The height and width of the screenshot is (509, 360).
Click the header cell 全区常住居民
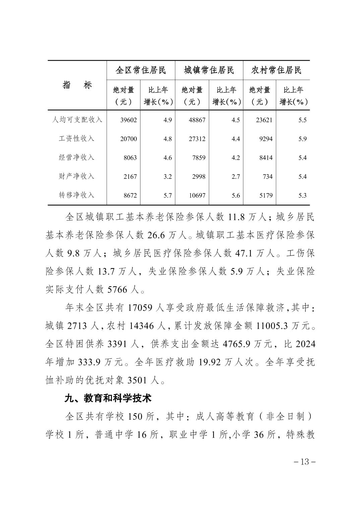(x=141, y=70)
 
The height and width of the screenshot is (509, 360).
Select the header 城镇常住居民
(x=209, y=70)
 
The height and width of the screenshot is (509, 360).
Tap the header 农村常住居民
(x=277, y=70)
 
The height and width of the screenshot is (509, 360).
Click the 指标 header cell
(x=77, y=85)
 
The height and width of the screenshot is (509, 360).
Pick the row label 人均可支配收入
(x=77, y=120)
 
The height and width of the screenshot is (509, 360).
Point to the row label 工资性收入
(x=77, y=139)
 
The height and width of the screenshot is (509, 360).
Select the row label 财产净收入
(x=77, y=176)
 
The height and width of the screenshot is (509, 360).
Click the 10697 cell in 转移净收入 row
(x=197, y=196)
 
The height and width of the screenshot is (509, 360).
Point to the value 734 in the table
(x=267, y=176)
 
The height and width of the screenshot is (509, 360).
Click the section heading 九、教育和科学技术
(x=108, y=398)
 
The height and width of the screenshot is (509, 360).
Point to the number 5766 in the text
(x=118, y=290)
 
